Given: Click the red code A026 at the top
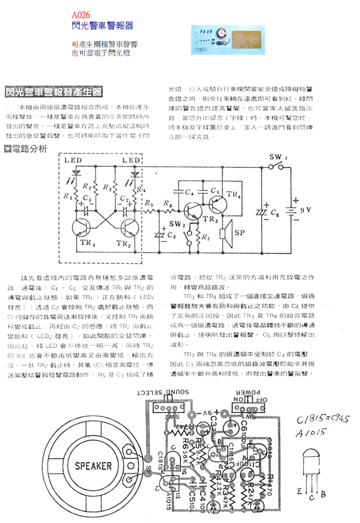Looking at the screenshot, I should click(x=81, y=15).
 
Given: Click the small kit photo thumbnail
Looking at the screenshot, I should click(x=228, y=39).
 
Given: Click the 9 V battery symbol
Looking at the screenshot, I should click(x=294, y=210).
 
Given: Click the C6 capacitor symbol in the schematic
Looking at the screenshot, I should click(x=261, y=212).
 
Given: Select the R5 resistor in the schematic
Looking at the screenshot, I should click(x=149, y=211).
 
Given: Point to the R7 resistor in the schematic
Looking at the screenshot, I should click(x=198, y=236).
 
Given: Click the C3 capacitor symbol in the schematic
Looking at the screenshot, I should click(x=161, y=235).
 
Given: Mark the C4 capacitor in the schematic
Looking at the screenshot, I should click(x=180, y=192).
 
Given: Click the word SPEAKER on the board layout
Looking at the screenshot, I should click(x=93, y=465).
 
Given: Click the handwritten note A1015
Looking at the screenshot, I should click(x=312, y=432).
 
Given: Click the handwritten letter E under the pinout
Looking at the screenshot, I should click(x=300, y=492).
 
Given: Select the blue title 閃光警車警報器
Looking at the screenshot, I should click(x=102, y=26).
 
